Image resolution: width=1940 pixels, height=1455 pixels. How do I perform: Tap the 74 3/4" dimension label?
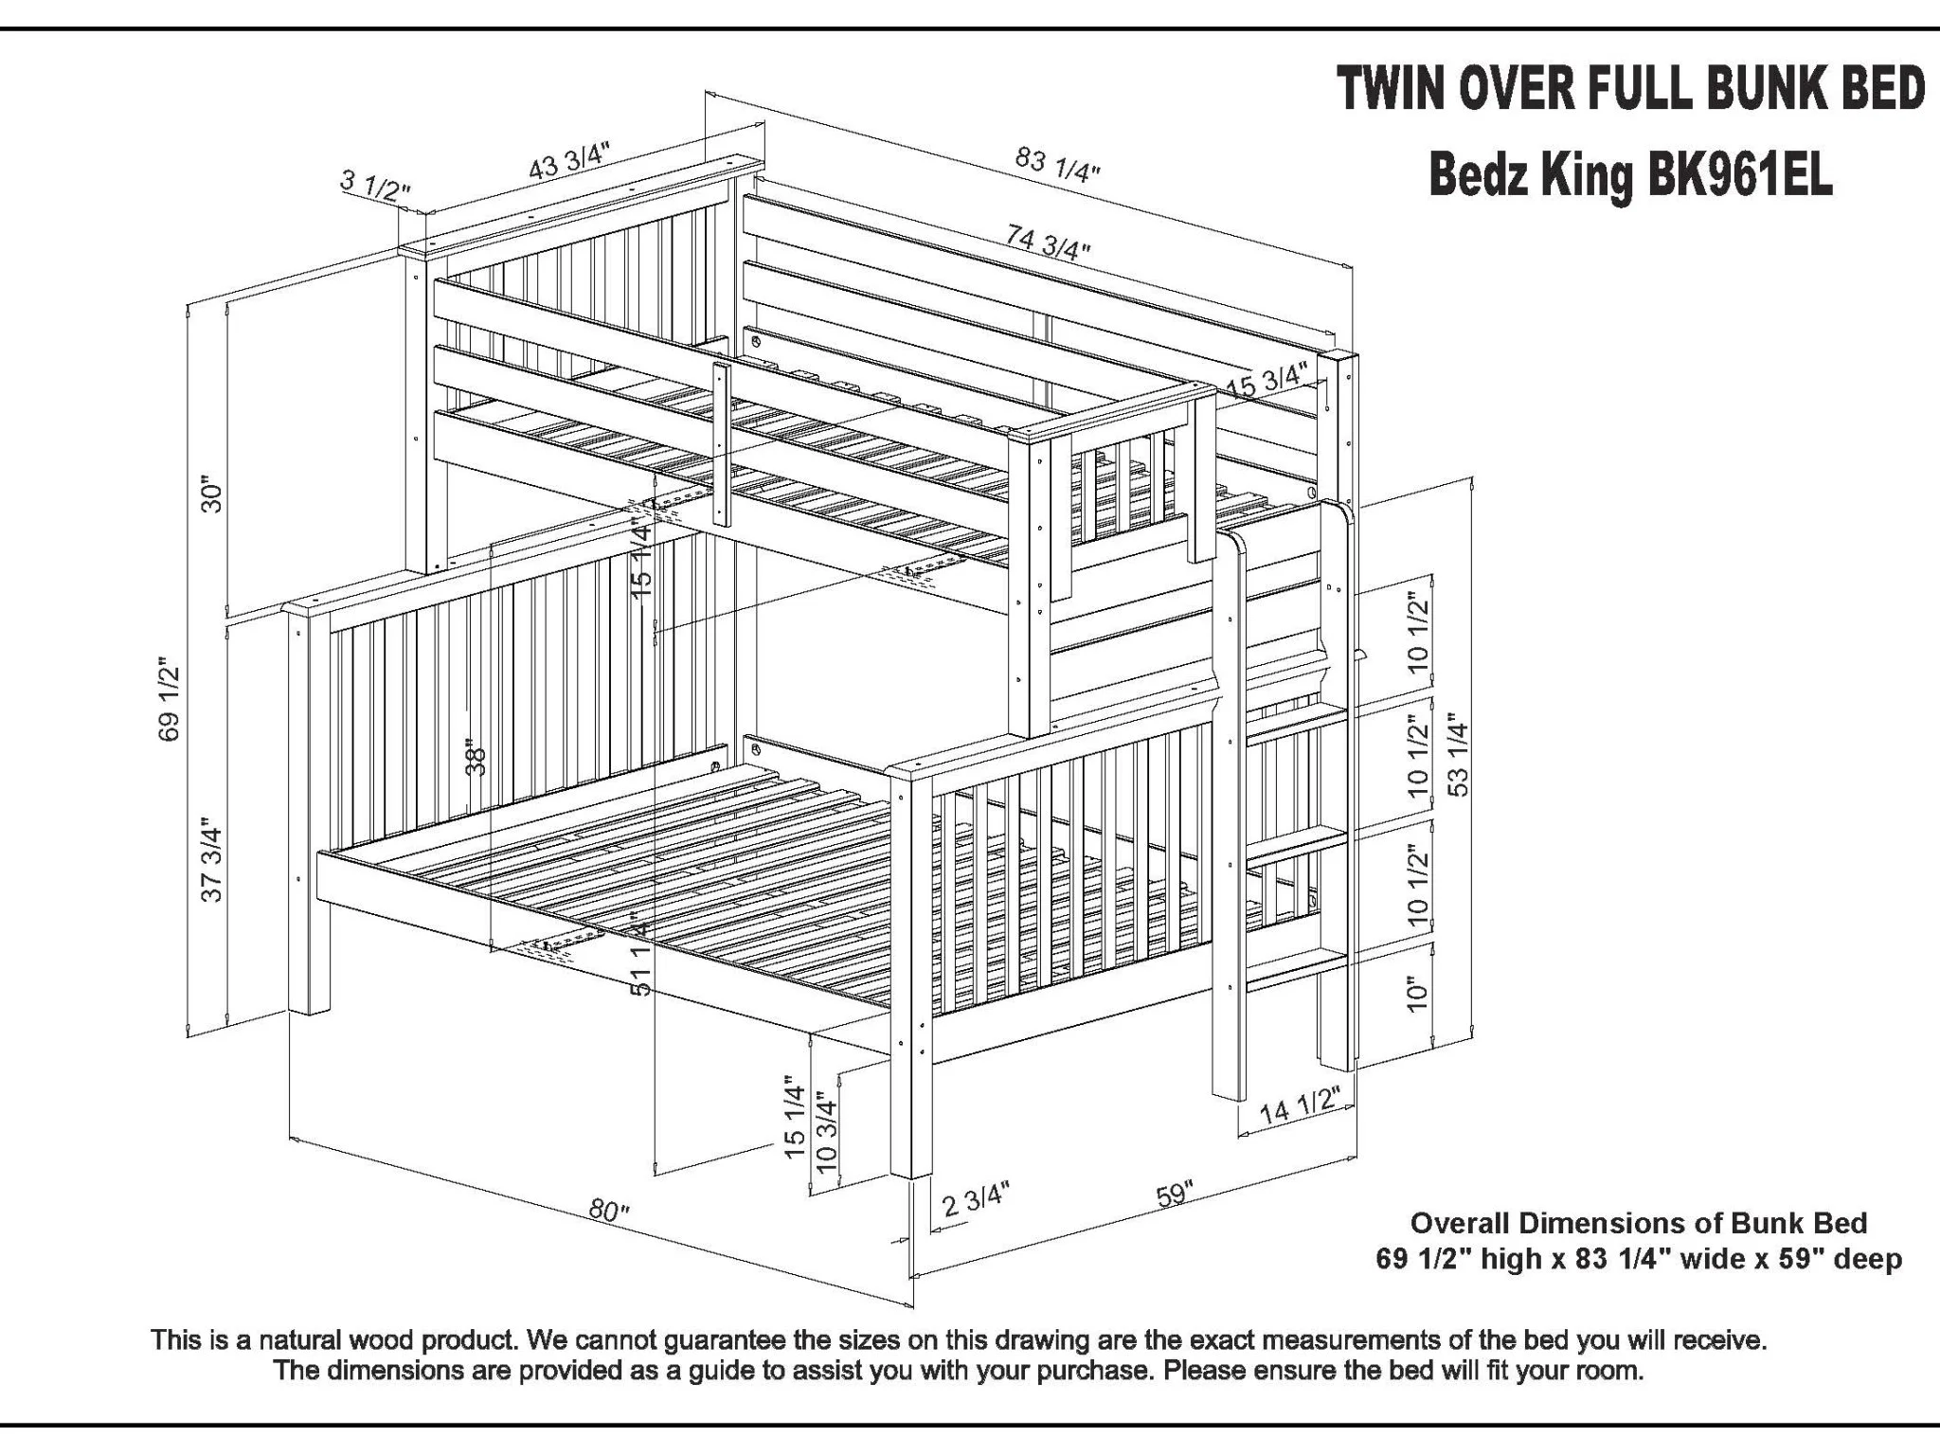pos(1048,241)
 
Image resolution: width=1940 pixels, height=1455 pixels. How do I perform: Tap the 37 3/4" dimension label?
pos(212,863)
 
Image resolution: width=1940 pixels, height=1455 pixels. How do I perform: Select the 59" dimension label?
pos(1175,1194)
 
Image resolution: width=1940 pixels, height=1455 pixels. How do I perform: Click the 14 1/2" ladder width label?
pos(1300,1106)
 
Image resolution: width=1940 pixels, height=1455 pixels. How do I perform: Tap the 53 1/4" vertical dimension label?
pos(1459,758)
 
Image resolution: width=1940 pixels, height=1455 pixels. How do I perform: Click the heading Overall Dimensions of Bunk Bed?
pos(1639,1223)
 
